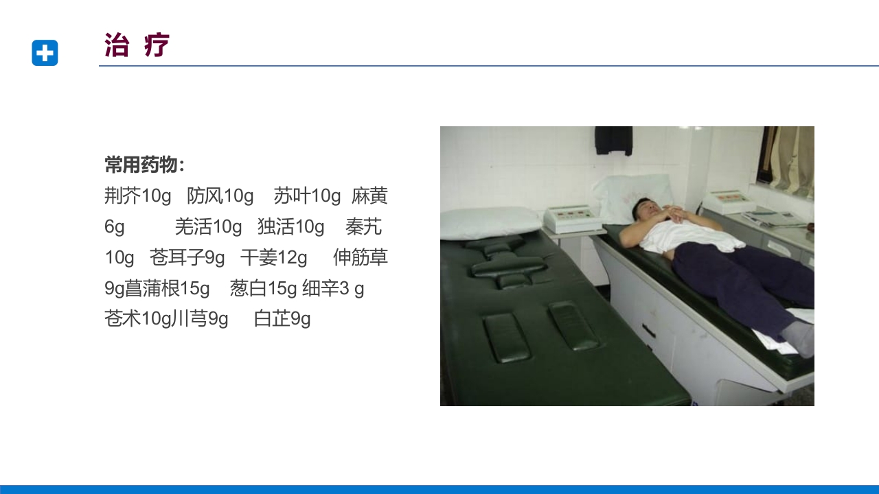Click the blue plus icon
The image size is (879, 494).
45,53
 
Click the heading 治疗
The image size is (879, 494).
137,45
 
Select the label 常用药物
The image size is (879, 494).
145,165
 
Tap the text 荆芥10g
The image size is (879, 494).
138,196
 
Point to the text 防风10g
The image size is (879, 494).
220,196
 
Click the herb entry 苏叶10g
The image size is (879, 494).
307,196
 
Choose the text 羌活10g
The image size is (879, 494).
208,227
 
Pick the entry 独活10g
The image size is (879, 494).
290,227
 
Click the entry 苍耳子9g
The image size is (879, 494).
187,258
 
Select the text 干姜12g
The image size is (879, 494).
273,258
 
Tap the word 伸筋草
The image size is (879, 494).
361,258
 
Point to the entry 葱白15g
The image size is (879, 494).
263,289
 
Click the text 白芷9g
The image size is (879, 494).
282,319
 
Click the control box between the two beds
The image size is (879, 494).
567,218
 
